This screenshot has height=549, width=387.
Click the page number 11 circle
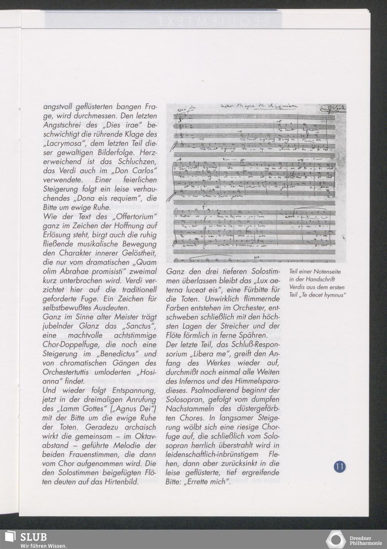[339, 466]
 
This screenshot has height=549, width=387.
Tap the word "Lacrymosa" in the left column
[63, 144]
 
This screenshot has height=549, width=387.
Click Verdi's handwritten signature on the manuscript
[336, 108]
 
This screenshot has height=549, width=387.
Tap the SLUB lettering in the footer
[33, 537]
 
